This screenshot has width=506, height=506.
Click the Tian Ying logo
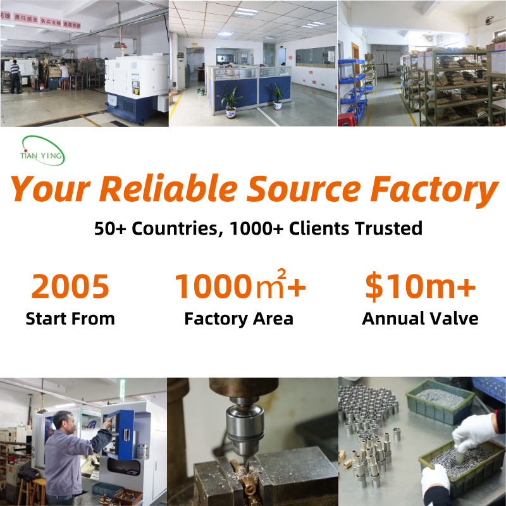click(x=42, y=151)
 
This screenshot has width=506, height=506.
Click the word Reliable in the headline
click(x=168, y=188)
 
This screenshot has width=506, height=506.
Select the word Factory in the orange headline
click(x=434, y=190)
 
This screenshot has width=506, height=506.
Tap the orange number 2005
click(x=70, y=286)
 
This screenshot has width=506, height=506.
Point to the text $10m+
click(x=420, y=287)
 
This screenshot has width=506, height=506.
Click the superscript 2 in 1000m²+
click(x=281, y=274)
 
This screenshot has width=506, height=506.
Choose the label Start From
click(x=70, y=319)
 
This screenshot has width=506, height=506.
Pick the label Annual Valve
click(x=420, y=319)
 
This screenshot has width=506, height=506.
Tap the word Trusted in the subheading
click(x=388, y=228)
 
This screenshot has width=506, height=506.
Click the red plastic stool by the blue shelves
click(x=347, y=119)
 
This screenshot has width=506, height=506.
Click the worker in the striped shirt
click(x=15, y=77)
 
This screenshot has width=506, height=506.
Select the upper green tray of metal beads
click(x=440, y=402)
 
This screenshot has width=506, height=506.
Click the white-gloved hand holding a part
click(x=475, y=432)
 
